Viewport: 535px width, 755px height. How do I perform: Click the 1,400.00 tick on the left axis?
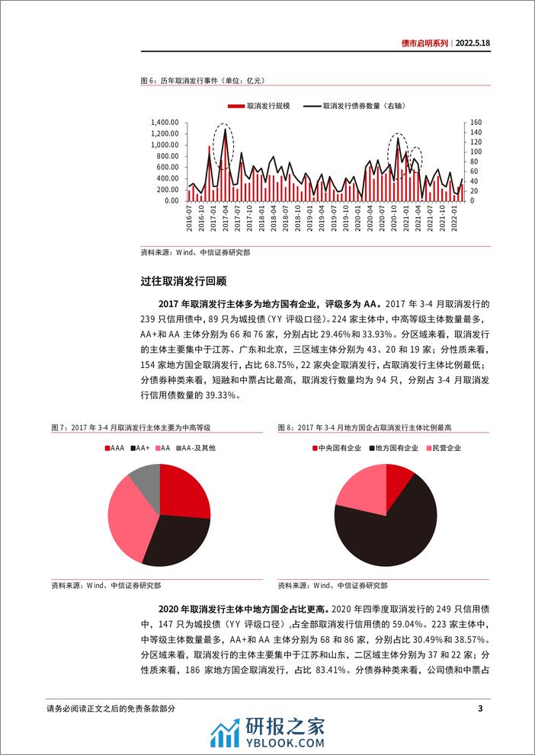166,122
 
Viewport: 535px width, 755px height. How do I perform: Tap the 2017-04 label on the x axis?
226,217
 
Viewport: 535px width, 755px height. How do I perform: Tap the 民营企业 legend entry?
443,448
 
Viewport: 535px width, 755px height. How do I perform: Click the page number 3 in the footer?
480,708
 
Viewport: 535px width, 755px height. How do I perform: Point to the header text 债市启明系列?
422,45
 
